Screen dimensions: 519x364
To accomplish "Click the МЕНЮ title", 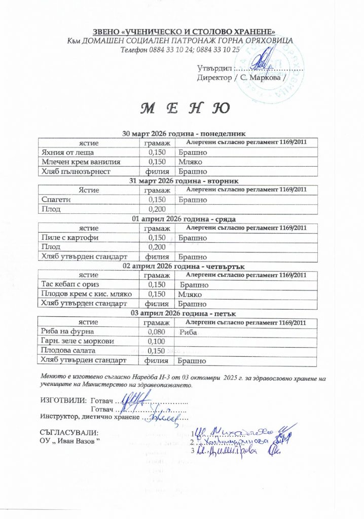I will tap(182, 108).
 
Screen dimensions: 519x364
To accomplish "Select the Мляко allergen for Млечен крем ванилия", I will tap(191, 162).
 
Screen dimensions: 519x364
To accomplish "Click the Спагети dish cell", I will tap(56, 200).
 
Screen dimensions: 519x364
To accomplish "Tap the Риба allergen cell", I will tap(189, 332).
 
